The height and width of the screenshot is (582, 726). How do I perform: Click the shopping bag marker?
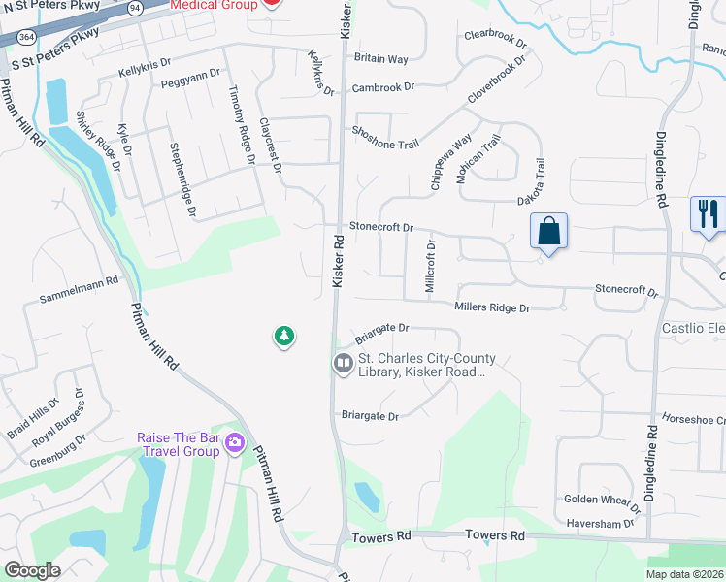[x=548, y=232]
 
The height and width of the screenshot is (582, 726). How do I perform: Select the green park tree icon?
[x=283, y=337]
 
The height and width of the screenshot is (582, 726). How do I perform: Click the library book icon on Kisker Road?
[x=343, y=364]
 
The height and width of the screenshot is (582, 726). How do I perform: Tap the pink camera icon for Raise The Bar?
[x=234, y=443]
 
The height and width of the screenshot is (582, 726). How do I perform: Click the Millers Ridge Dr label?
[x=492, y=307]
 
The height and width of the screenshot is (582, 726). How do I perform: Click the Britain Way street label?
[x=380, y=58]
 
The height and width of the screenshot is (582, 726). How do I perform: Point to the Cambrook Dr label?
[x=382, y=87]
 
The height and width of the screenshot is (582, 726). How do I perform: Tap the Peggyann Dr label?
[x=186, y=84]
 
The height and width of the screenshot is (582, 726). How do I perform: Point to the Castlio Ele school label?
[x=693, y=328]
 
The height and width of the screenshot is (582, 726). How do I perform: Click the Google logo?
[x=32, y=569]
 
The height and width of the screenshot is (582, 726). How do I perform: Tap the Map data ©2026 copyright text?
[x=684, y=574]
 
